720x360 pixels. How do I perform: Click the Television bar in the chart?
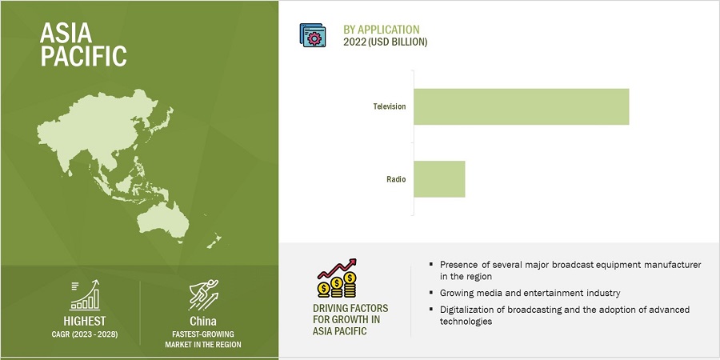point(521,106)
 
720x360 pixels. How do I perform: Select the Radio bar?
point(439,179)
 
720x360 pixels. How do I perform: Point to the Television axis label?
point(390,106)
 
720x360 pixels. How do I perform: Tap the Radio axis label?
point(396,179)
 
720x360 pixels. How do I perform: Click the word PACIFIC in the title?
point(83,56)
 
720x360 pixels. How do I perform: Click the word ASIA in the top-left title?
point(66,33)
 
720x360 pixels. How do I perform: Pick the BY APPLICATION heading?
point(382,30)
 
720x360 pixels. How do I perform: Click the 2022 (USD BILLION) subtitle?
point(386,42)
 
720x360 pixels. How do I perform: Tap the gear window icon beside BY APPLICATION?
point(313,35)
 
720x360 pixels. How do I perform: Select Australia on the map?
point(164,220)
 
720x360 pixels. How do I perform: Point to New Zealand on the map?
point(214,242)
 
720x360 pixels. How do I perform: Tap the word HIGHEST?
point(85,321)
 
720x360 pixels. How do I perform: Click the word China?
point(203,321)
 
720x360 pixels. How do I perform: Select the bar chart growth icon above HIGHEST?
point(85,294)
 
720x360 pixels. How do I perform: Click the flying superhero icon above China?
point(203,294)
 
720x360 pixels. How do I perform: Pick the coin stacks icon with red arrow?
point(337,278)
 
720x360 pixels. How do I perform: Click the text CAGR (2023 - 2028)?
point(85,334)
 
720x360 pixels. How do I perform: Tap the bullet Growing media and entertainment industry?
point(530,293)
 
